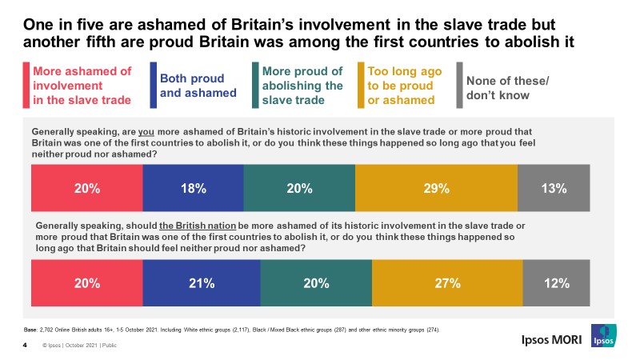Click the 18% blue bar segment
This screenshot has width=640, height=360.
click(193, 189)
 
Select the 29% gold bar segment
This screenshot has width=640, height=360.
click(436, 189)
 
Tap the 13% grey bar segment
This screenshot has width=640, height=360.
click(554, 189)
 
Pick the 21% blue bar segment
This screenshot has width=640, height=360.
click(202, 283)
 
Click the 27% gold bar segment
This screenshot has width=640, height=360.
click(447, 283)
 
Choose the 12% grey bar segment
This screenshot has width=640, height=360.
click(556, 283)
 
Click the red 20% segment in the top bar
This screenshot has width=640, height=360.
click(86, 189)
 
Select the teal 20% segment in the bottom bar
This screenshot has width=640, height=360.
click(316, 283)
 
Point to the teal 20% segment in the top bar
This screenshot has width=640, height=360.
click(298, 189)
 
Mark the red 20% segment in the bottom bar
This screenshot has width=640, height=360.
click(86, 283)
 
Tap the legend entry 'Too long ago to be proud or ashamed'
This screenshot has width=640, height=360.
click(401, 86)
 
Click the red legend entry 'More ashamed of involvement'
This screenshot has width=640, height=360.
click(79, 86)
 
